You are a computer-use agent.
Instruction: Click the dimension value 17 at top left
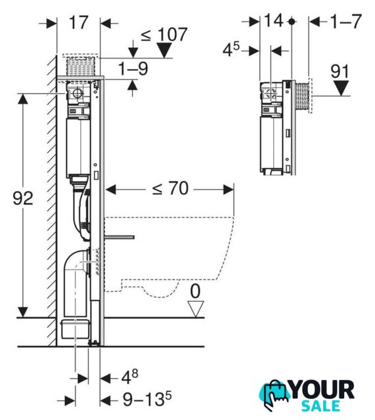(x=79, y=22)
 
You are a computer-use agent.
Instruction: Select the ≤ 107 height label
(x=164, y=35)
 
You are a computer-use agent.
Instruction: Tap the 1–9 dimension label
(x=133, y=68)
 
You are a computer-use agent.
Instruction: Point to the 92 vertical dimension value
(x=23, y=198)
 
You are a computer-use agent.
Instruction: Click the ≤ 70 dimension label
(x=171, y=188)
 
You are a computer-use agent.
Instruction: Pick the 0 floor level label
(x=195, y=291)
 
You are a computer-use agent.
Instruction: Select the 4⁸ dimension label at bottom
(x=130, y=377)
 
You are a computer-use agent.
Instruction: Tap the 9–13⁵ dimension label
(x=147, y=399)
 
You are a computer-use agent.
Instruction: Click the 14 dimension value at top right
(x=274, y=20)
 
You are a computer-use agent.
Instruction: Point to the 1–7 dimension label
(x=346, y=22)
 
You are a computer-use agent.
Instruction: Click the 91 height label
(x=340, y=72)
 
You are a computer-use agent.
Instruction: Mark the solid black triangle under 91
(x=341, y=88)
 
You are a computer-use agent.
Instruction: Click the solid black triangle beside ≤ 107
(x=164, y=51)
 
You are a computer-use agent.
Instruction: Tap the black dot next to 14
(x=292, y=22)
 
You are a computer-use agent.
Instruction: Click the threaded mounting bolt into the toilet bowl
(x=120, y=237)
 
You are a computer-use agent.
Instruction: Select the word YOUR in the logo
(x=322, y=389)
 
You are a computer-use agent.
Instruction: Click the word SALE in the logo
(x=320, y=406)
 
